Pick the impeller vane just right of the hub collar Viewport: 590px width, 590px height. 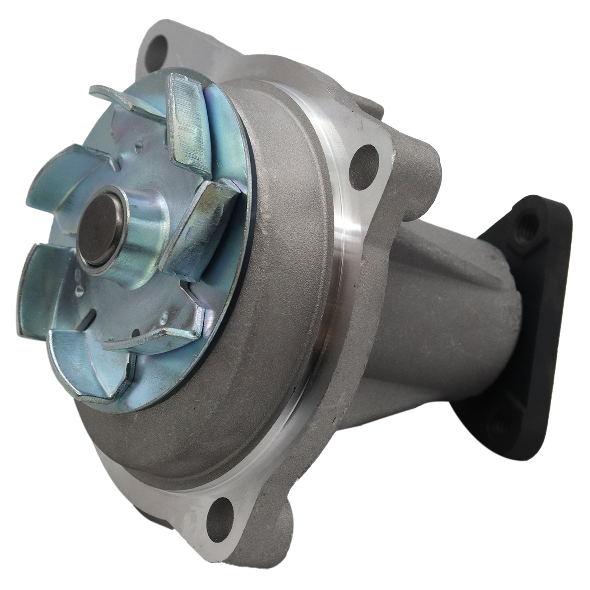[198, 232]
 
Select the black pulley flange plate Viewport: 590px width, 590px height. [519, 321]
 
